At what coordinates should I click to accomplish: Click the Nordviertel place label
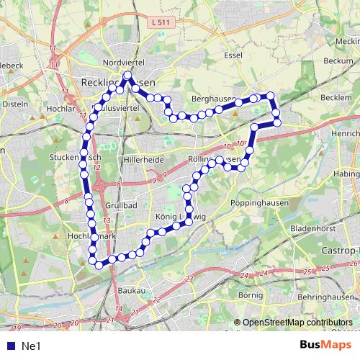pyautogui.click(x=125, y=63)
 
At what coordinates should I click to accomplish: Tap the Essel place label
pyautogui.click(x=235, y=54)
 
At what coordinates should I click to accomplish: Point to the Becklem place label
pyautogui.click(x=336, y=96)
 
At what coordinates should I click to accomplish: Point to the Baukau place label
pyautogui.click(x=131, y=290)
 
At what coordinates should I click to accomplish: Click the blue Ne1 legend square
pyautogui.click(x=8, y=346)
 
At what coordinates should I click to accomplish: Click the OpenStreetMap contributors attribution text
pyautogui.click(x=297, y=323)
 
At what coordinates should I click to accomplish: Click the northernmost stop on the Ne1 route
pyautogui.click(x=127, y=74)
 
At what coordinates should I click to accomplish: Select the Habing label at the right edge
pyautogui.click(x=347, y=174)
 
